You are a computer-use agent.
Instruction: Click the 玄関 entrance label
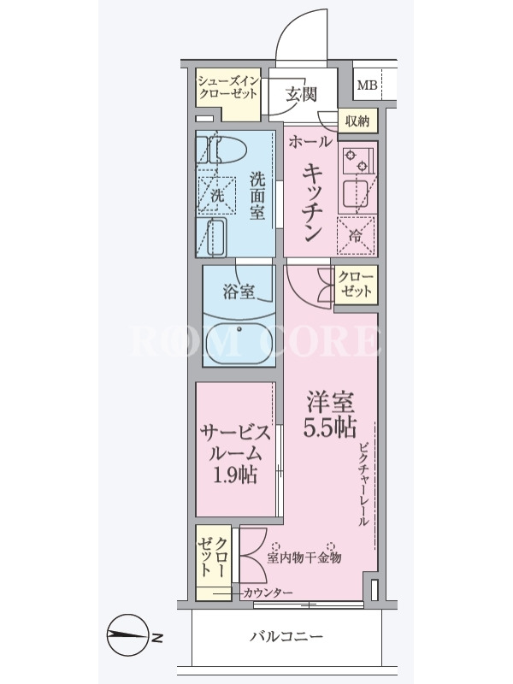301,94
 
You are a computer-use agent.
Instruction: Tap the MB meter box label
367,85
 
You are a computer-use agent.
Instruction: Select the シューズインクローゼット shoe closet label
227,87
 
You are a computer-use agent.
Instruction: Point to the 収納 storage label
357,121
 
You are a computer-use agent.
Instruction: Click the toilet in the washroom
221,149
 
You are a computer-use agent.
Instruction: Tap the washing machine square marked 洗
217,195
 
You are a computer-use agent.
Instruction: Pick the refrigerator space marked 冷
356,236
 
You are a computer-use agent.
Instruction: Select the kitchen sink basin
356,193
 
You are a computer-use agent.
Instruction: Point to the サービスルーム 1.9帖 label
235,454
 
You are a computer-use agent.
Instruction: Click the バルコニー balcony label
286,636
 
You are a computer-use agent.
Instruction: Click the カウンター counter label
267,593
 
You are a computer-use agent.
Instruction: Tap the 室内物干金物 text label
304,557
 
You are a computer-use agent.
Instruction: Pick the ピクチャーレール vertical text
364,484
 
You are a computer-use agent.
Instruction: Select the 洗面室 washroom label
257,196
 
